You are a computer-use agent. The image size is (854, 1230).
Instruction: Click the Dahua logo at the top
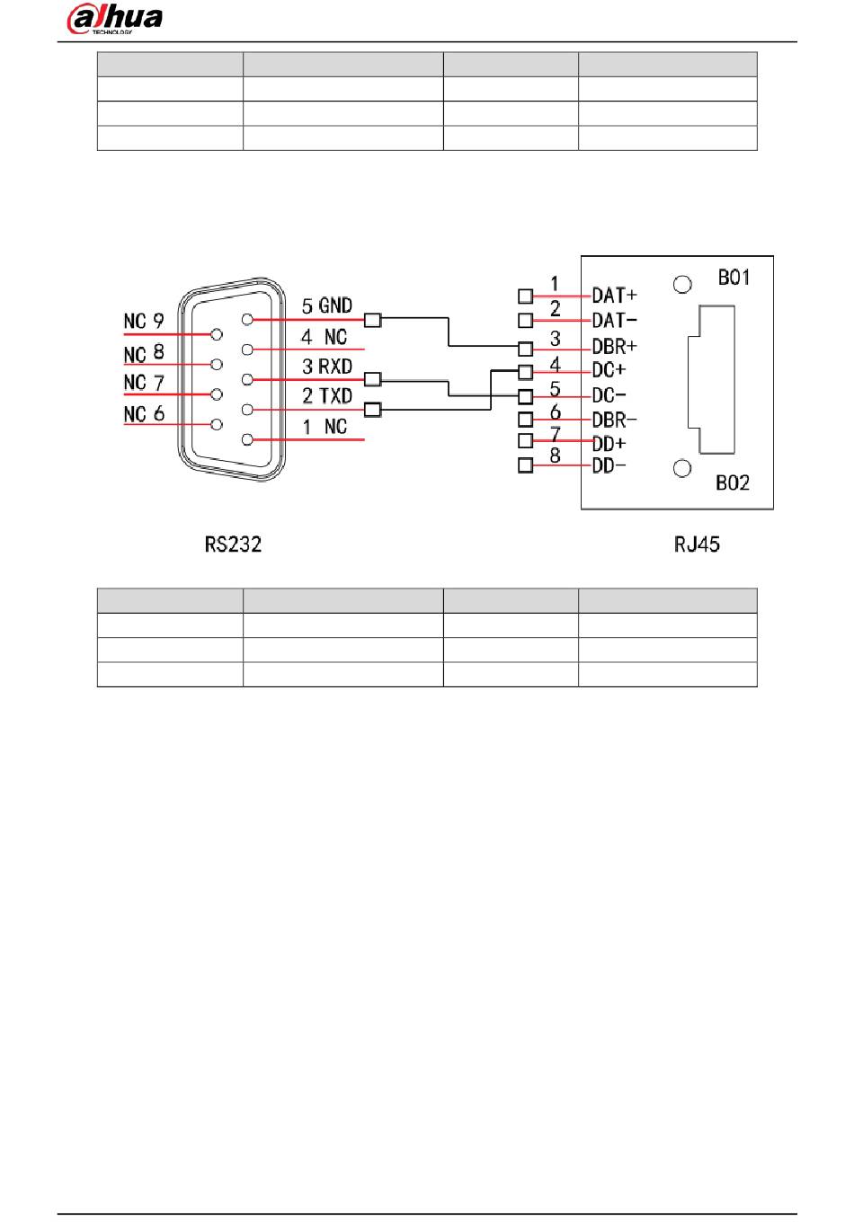(114, 19)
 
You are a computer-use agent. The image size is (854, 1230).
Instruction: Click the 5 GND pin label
(327, 305)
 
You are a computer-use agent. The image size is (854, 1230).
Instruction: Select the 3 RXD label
(327, 367)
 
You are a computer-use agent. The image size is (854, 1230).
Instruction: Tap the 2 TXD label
(327, 396)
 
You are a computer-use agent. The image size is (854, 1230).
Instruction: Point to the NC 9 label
(144, 322)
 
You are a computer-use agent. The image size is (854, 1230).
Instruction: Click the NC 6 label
(144, 414)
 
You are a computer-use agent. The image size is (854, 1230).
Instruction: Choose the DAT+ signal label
(614, 296)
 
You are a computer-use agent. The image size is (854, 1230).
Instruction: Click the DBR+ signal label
(614, 347)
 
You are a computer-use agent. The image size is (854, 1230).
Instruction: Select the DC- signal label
(609, 395)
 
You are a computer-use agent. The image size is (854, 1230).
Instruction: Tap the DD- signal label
(609, 465)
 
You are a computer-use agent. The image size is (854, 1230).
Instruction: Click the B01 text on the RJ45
(734, 278)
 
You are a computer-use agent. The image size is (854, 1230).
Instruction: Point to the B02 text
(733, 483)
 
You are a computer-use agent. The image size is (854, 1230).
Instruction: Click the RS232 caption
(233, 544)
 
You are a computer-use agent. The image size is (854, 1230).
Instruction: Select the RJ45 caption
(697, 544)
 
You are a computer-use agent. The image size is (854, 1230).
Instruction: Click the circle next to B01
(682, 285)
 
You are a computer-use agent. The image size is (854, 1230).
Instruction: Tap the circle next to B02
(682, 468)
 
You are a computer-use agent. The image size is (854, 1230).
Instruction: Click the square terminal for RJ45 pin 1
(525, 296)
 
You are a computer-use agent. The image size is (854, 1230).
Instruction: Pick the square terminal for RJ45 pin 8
(525, 465)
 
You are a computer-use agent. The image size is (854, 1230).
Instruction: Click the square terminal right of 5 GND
(372, 320)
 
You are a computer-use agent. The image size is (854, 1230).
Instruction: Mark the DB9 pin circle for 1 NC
(247, 439)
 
